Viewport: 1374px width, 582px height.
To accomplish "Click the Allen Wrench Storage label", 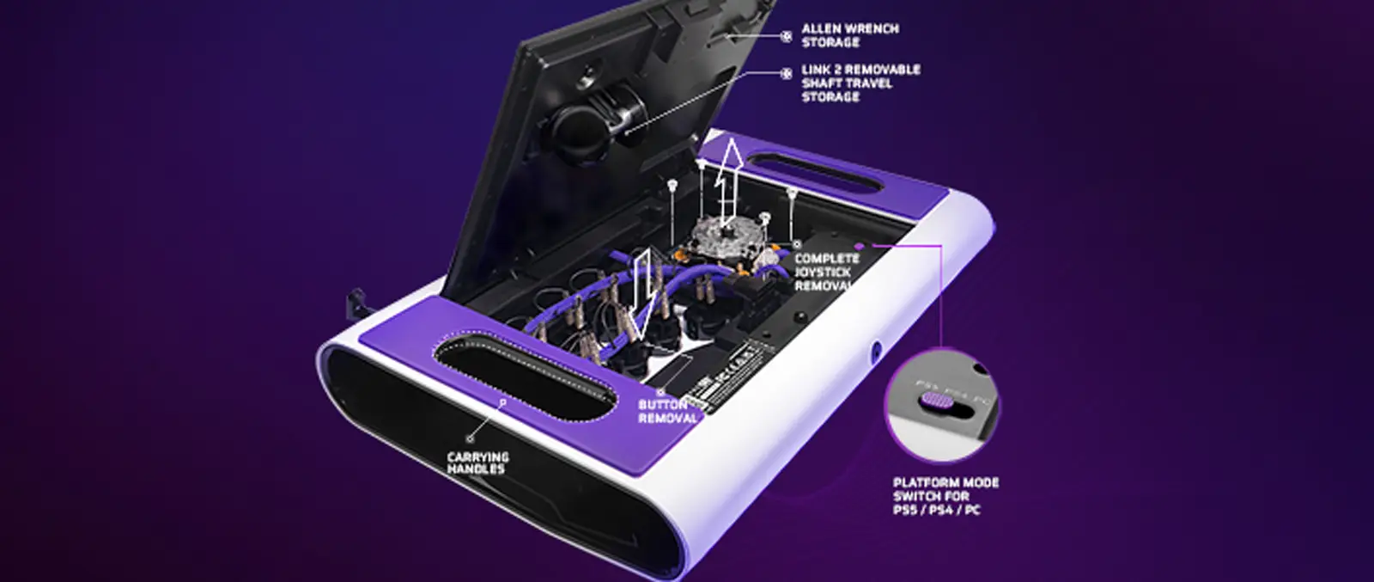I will [849, 34].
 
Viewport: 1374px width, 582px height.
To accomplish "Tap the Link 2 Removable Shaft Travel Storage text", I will [860, 83].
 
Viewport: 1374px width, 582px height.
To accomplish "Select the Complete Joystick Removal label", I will [825, 272].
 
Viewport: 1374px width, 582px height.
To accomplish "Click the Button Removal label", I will [666, 411].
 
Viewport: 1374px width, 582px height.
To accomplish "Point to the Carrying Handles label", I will [477, 463].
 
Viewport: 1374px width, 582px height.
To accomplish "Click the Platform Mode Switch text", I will [945, 496].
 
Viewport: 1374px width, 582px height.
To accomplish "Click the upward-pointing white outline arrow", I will [731, 176].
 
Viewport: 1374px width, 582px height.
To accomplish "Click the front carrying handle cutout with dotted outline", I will [524, 375].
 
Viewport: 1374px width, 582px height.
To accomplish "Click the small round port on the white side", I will [876, 351].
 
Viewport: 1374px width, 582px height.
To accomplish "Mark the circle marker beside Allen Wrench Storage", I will [786, 36].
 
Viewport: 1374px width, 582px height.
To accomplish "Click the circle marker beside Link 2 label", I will [786, 74].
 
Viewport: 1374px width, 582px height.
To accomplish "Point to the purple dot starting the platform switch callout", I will [858, 247].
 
